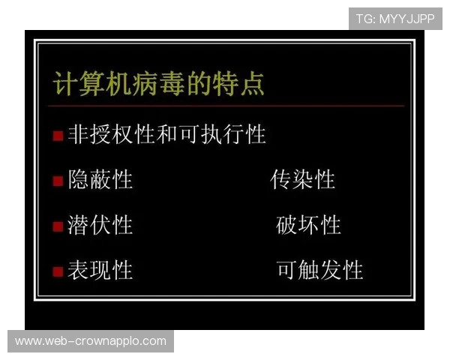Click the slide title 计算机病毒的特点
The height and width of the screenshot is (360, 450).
tap(158, 83)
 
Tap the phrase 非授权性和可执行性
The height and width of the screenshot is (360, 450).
tap(166, 135)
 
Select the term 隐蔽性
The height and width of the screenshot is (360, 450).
tap(100, 180)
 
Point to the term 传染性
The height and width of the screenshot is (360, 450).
tap(302, 180)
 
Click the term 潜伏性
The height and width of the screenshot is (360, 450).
tap(100, 225)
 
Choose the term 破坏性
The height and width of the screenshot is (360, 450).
tap(308, 225)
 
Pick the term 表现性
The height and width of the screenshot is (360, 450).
tap(100, 270)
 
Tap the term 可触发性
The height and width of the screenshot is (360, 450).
tap(319, 270)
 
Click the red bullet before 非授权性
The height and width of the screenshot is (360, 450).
tap(58, 136)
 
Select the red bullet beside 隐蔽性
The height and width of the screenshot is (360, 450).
tap(58, 181)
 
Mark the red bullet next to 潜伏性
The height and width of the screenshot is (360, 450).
tap(58, 226)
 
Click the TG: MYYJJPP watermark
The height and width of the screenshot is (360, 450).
tap(395, 19)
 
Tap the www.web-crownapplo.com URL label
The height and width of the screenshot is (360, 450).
tap(90, 341)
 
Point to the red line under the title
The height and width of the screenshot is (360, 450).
tap(225, 106)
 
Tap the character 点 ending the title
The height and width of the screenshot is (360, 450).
tap(252, 83)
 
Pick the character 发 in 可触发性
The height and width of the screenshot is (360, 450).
tap(331, 270)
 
